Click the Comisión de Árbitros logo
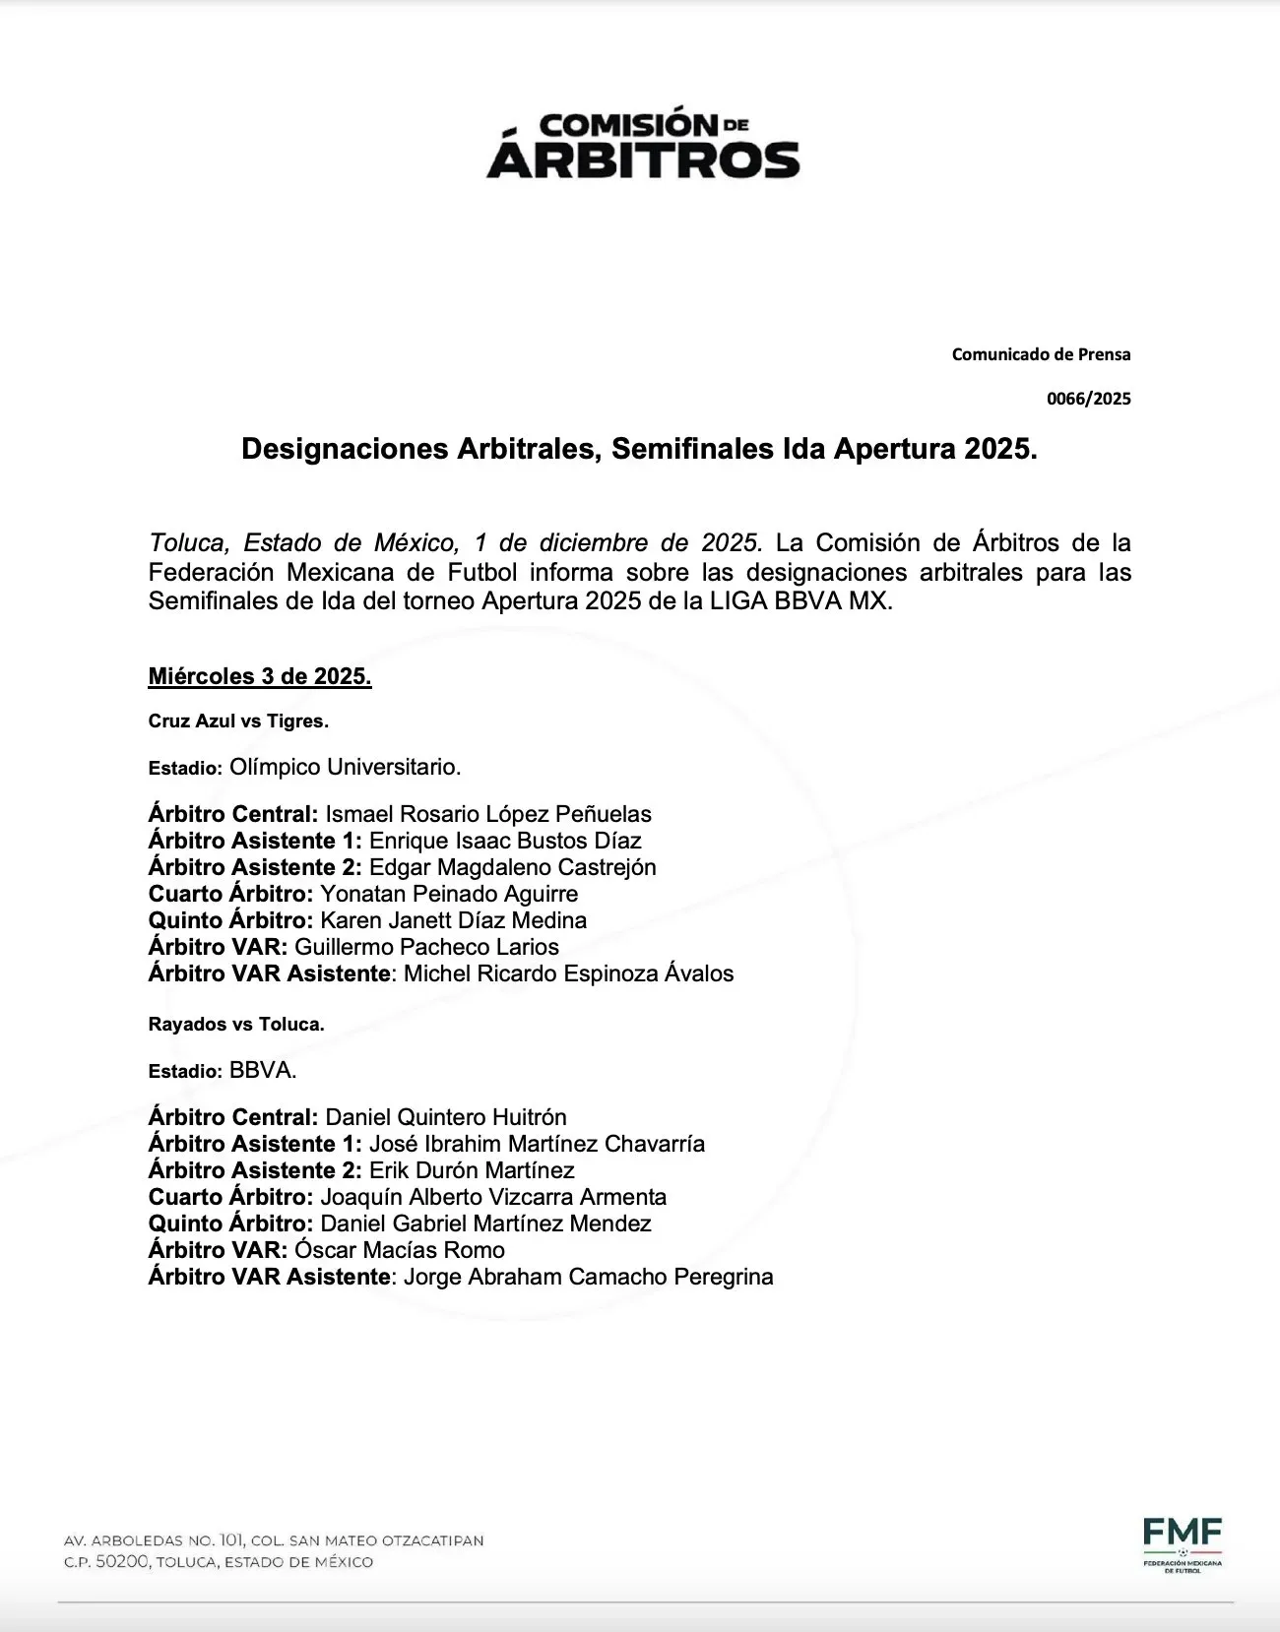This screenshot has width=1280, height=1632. [x=642, y=145]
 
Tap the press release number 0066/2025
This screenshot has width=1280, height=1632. [x=1088, y=400]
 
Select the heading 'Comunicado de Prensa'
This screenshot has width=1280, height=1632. [x=1041, y=354]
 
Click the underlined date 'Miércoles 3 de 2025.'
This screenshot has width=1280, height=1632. [x=260, y=677]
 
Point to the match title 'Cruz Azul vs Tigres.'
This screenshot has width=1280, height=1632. [x=238, y=722]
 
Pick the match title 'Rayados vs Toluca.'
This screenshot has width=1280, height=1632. [x=236, y=1025]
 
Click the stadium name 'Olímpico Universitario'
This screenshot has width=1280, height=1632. [x=345, y=766]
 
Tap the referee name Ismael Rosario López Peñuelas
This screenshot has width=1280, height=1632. [x=488, y=814]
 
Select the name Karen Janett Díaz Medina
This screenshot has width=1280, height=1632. [x=454, y=920]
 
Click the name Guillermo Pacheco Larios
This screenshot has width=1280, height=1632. [x=427, y=947]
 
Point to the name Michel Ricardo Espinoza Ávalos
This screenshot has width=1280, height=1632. [x=569, y=973]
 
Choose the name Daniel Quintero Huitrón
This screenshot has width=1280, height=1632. [x=446, y=1117]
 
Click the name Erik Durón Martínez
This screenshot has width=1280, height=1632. [x=472, y=1170]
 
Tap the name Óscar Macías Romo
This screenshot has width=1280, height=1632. [x=400, y=1250]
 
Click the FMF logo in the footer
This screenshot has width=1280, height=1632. [x=1183, y=1544]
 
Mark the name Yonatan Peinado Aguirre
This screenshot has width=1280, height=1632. [x=449, y=894]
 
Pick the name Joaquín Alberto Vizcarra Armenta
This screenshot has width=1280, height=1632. [x=493, y=1197]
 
